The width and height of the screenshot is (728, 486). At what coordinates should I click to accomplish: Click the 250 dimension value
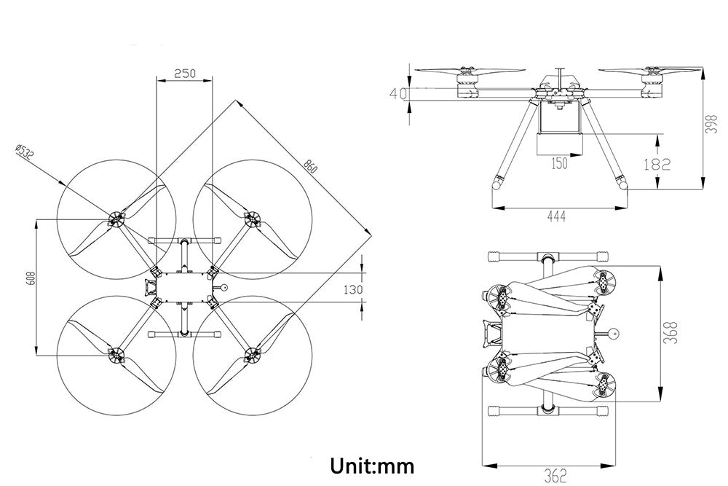pyautogui.click(x=186, y=74)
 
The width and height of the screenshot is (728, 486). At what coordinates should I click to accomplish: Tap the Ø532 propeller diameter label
pyautogui.click(x=24, y=154)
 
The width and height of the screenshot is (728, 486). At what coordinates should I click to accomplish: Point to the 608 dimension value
pyautogui.click(x=30, y=279)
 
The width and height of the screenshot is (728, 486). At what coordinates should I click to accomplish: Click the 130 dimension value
pyautogui.click(x=352, y=289)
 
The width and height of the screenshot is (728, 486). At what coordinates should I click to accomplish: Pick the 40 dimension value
pyautogui.click(x=397, y=93)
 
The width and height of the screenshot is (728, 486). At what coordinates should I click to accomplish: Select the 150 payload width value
pyautogui.click(x=559, y=164)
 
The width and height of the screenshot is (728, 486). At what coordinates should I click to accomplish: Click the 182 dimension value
pyautogui.click(x=657, y=165)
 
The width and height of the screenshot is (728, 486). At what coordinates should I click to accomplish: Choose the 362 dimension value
pyautogui.click(x=555, y=477)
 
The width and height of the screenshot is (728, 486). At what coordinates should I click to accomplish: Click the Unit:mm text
pyautogui.click(x=371, y=465)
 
